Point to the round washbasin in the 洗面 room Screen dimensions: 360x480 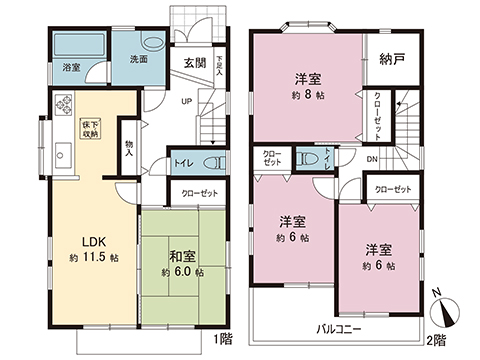(152, 44)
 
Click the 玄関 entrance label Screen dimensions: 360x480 (194, 61)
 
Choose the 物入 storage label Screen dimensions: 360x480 (129, 146)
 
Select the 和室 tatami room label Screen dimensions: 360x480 (181, 255)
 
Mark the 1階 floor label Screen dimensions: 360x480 (222, 338)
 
